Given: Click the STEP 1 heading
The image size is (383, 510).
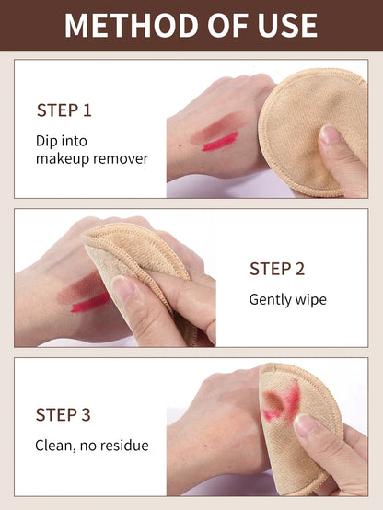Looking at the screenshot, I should (x=64, y=110).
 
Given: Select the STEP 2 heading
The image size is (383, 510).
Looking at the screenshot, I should (x=277, y=269).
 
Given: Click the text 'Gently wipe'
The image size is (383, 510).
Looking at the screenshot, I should (x=287, y=300).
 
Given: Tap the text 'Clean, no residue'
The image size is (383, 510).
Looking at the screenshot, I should (x=91, y=446).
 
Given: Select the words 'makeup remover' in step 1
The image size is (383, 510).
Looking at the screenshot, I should (x=91, y=158).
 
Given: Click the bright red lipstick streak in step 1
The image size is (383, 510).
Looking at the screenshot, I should (x=220, y=141).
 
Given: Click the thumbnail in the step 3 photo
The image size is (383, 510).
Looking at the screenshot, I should (x=307, y=425).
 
